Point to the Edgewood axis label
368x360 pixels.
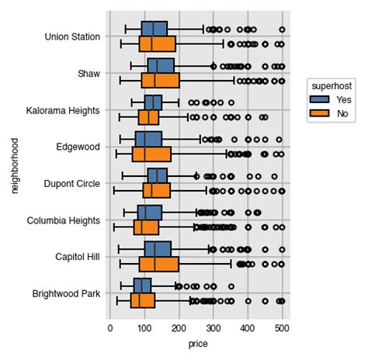click(x=78, y=147)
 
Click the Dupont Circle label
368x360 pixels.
click(x=72, y=184)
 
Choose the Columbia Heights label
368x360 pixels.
click(x=64, y=220)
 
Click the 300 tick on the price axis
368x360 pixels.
click(x=213, y=327)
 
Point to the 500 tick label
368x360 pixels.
click(x=282, y=327)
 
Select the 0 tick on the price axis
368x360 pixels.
click(x=109, y=327)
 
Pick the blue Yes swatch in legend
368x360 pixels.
click(x=319, y=99)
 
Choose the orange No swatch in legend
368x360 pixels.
click(x=319, y=113)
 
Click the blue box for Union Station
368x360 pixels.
click(x=154, y=28)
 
